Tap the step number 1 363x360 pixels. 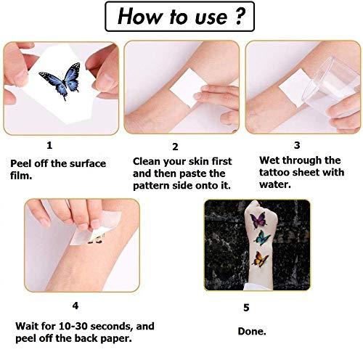pos(49,145)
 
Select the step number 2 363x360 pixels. pos(176,146)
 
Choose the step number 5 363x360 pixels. pos(246,308)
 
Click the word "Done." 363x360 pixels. pos(251,332)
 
